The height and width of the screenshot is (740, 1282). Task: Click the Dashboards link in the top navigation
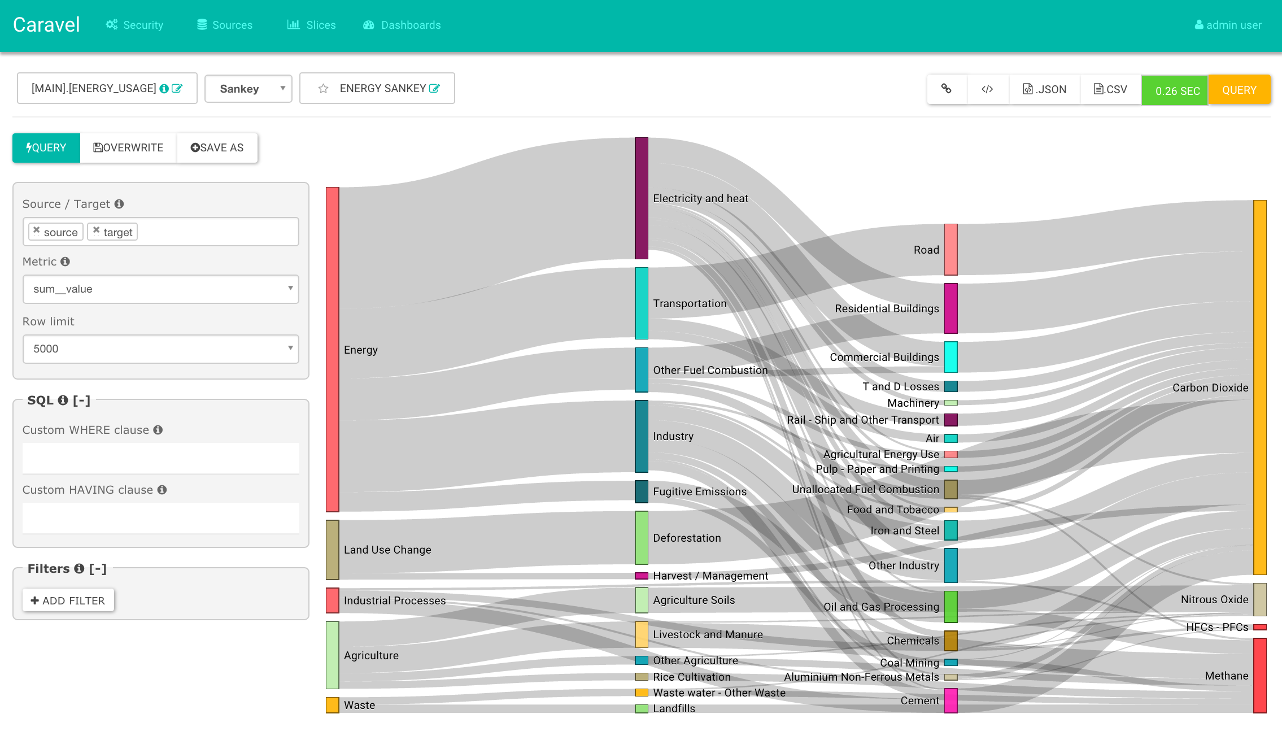tap(402, 25)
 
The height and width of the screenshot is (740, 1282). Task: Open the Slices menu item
tap(311, 25)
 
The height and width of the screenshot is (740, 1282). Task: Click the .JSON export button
tap(1044, 89)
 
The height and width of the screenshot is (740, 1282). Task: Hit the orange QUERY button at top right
tap(1239, 90)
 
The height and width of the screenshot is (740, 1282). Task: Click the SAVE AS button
tap(217, 148)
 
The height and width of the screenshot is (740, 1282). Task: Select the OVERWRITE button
tap(128, 148)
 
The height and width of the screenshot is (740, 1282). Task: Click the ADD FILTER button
tap(68, 600)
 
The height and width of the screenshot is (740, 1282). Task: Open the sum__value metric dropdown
tap(161, 289)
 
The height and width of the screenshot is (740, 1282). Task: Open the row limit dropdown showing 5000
tap(161, 349)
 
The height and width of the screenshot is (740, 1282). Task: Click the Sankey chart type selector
tap(248, 89)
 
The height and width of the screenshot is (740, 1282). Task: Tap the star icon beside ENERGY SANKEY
tap(323, 89)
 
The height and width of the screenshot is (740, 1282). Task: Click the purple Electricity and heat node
tap(642, 198)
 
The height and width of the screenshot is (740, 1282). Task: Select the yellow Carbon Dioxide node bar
tap(1260, 388)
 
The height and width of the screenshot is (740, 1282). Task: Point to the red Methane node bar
tap(1260, 676)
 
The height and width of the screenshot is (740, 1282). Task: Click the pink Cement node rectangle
tap(951, 700)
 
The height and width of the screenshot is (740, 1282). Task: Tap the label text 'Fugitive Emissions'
tap(700, 491)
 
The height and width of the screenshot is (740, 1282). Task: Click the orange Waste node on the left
tap(333, 705)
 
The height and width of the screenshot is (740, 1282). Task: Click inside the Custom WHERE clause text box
tap(161, 458)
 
